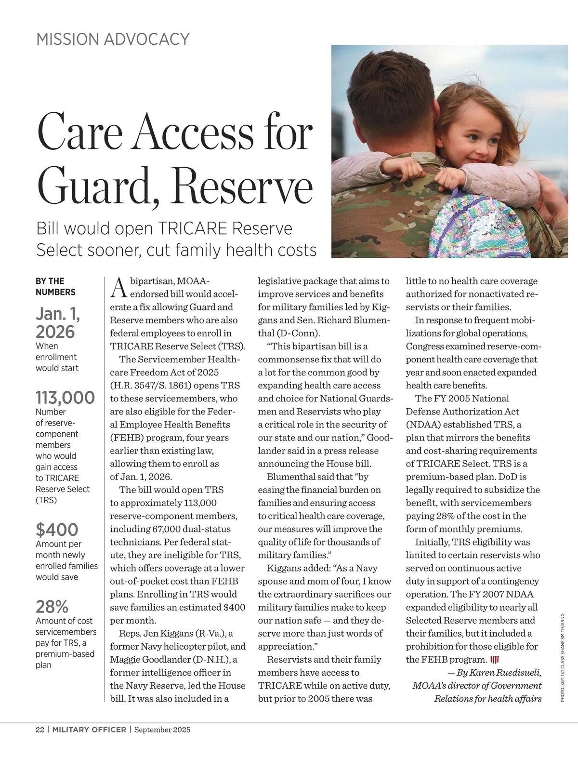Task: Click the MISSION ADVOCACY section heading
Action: point(113,39)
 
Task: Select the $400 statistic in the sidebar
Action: point(57,530)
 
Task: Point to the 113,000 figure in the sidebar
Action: point(65,398)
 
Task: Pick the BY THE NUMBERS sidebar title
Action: point(55,286)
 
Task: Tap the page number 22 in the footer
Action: point(40,730)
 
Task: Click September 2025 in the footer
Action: point(162,730)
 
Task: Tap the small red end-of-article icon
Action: point(494,660)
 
